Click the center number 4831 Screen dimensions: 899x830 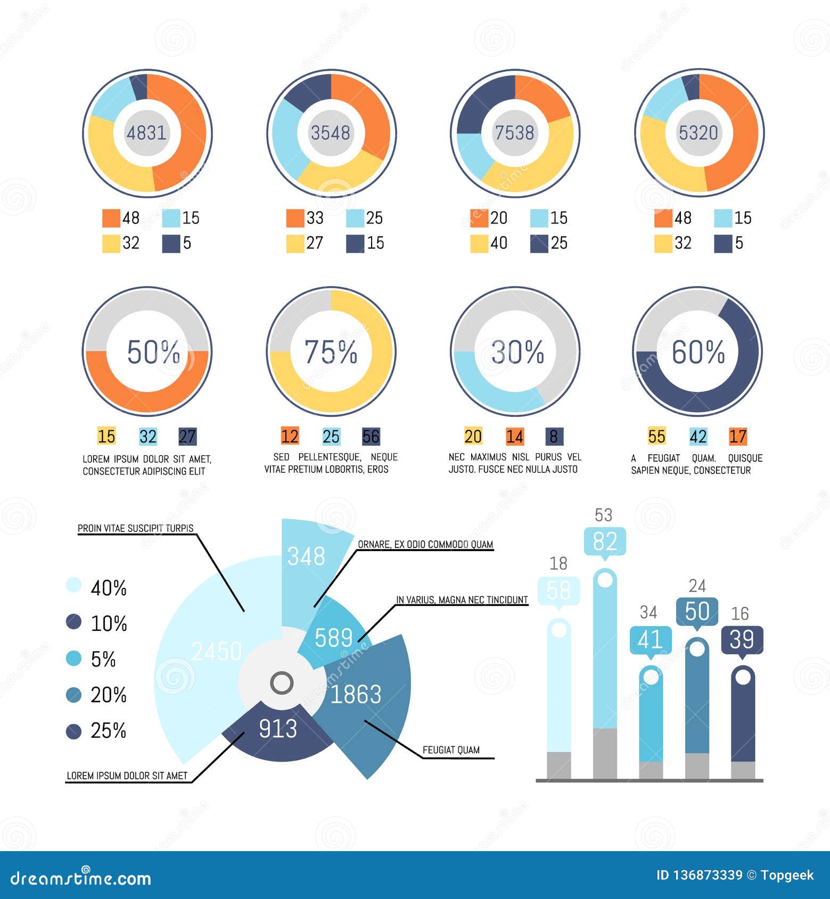pyautogui.click(x=146, y=132)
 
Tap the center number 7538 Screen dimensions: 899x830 pyautogui.click(x=514, y=132)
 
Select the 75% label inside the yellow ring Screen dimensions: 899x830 pyautogui.click(x=331, y=352)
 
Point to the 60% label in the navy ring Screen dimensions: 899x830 pyautogui.click(x=698, y=352)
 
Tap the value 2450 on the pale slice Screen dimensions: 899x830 pyautogui.click(x=216, y=652)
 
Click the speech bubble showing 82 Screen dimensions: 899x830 pyautogui.click(x=605, y=542)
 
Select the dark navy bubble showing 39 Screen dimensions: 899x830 pyautogui.click(x=742, y=639)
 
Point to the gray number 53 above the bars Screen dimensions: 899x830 pyautogui.click(x=604, y=515)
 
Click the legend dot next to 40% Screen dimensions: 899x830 pyautogui.click(x=73, y=586)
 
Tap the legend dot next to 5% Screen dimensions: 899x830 pyautogui.click(x=73, y=659)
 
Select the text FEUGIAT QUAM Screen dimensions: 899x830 pyautogui.click(x=451, y=750)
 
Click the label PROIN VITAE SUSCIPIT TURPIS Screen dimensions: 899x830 pyautogui.click(x=136, y=528)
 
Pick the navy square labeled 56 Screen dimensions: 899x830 pyautogui.click(x=371, y=437)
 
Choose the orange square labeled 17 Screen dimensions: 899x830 pyautogui.click(x=738, y=437)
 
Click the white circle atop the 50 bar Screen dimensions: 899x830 pyautogui.click(x=697, y=648)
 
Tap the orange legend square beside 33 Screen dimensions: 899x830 pyautogui.click(x=295, y=218)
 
